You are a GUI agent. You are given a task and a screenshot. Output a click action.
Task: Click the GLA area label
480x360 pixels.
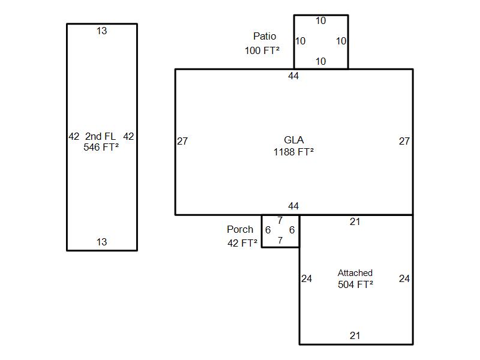(293, 141)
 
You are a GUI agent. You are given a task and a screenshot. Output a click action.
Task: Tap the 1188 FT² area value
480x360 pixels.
(293, 152)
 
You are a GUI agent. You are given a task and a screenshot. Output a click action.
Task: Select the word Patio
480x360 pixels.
(265, 37)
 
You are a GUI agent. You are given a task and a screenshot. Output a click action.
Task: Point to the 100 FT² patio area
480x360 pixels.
(262, 50)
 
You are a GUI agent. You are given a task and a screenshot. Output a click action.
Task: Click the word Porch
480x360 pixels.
(240, 230)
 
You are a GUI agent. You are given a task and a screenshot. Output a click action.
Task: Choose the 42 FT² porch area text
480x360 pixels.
(242, 243)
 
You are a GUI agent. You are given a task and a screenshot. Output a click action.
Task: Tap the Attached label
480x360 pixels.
(355, 273)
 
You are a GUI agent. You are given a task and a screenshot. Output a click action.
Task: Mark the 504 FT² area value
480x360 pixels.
(355, 284)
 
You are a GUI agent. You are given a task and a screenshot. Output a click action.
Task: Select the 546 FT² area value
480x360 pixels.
(101, 147)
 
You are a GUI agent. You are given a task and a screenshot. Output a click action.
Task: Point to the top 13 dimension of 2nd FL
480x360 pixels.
(102, 31)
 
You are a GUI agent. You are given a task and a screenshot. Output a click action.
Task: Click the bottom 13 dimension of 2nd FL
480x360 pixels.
(102, 242)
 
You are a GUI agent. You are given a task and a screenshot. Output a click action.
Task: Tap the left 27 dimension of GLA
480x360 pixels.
(182, 142)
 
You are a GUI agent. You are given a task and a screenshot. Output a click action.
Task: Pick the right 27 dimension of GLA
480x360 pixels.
(404, 142)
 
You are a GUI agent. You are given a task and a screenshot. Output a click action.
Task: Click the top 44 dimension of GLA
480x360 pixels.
(293, 76)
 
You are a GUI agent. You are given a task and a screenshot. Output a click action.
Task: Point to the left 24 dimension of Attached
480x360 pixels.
(307, 279)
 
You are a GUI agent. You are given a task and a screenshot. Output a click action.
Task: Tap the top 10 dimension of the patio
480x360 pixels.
(321, 21)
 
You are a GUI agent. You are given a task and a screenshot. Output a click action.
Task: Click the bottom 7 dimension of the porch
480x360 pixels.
(280, 241)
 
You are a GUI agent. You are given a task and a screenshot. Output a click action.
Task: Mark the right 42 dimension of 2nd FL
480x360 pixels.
(128, 137)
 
